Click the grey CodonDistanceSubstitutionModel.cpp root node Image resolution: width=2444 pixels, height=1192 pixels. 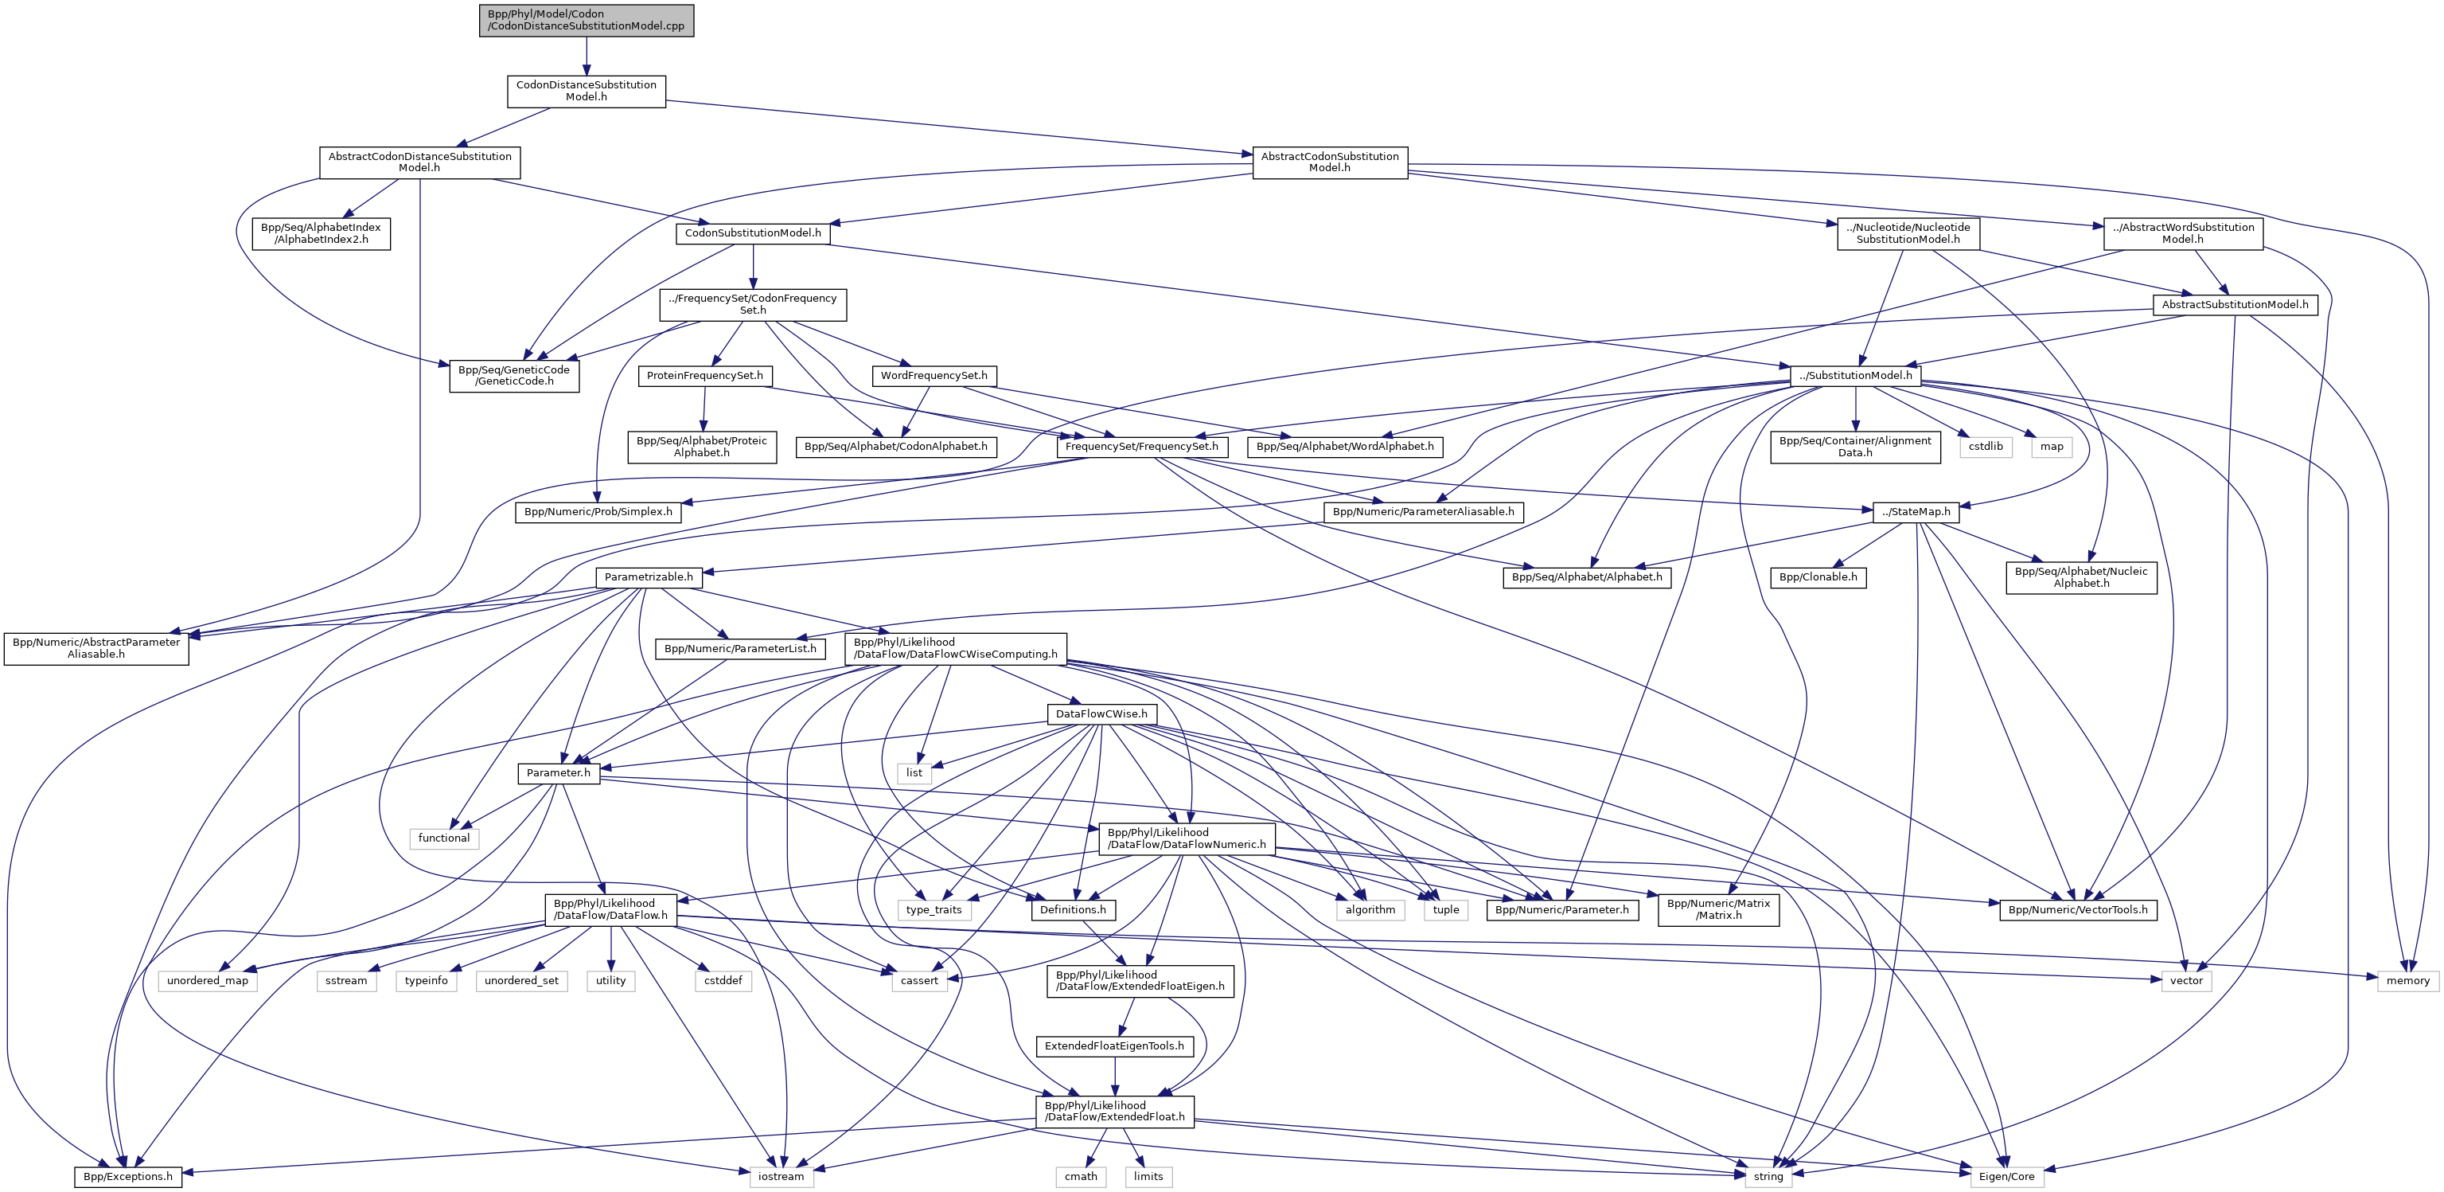(x=587, y=20)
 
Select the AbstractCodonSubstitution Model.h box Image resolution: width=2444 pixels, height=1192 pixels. (x=1329, y=162)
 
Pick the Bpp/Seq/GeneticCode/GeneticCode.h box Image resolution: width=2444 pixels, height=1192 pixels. (x=513, y=376)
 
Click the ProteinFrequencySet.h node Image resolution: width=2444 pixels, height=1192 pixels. (x=704, y=376)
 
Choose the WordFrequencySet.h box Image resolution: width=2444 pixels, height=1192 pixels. (x=934, y=376)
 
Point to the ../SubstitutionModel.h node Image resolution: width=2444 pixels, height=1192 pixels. (x=1855, y=376)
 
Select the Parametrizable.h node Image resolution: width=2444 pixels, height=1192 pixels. (x=648, y=577)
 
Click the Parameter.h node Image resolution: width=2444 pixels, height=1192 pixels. (x=558, y=772)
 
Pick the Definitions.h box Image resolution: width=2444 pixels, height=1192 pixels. (x=1072, y=909)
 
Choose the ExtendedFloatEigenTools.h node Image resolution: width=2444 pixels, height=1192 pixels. (x=1114, y=1045)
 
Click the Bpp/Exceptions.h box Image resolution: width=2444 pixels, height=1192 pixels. (x=128, y=1177)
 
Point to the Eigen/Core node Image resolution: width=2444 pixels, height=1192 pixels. (x=2005, y=1177)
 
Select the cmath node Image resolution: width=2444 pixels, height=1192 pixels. (x=1081, y=1177)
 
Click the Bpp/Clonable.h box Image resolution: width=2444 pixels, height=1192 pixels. (x=1818, y=577)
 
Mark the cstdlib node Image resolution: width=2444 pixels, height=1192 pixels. (x=1985, y=446)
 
